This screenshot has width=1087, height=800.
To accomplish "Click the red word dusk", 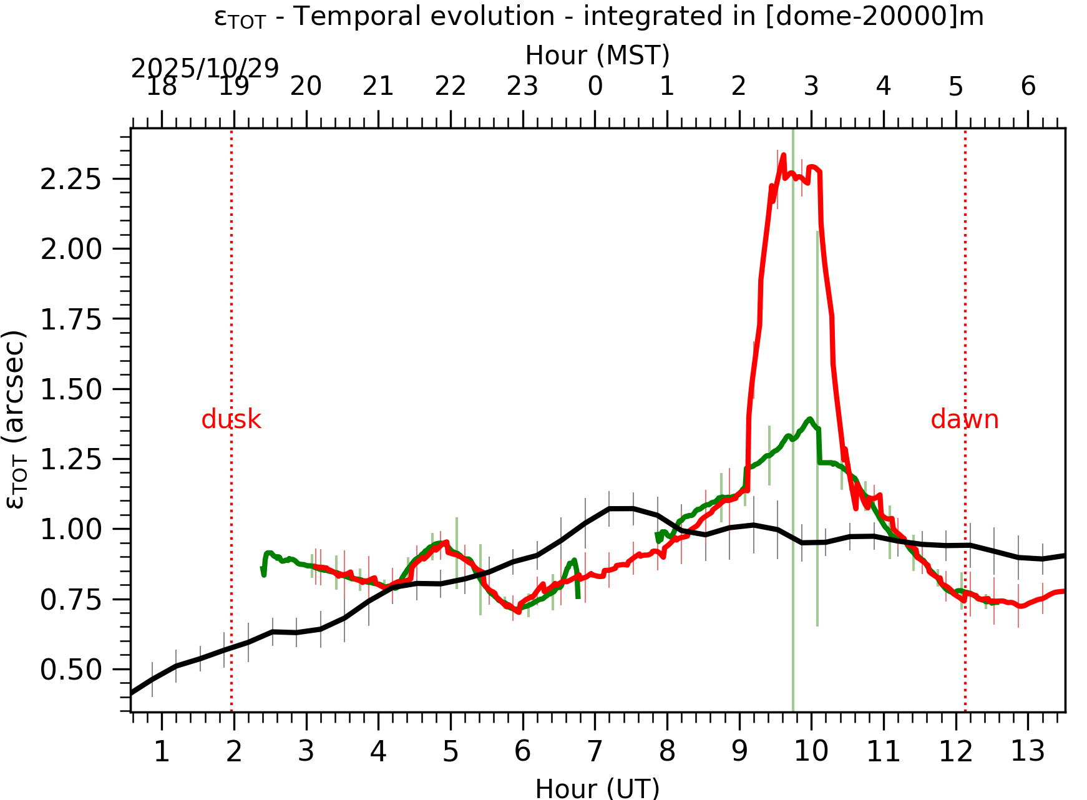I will point(231,420).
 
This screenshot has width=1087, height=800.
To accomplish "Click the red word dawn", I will point(964,420).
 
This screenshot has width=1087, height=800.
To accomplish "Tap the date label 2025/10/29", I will point(205,69).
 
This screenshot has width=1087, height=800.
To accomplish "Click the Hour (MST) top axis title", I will point(597,56).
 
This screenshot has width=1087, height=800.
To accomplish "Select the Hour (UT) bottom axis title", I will point(597,788).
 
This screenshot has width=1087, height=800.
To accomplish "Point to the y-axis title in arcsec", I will point(16,420).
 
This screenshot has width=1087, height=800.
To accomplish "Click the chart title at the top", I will point(598,17).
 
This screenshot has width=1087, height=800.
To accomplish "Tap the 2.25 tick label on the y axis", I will point(71,180).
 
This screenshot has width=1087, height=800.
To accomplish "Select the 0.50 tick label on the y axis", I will point(71,670).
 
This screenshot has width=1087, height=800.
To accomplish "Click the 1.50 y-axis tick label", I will point(71,390).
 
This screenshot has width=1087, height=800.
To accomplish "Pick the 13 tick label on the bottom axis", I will point(1027,751).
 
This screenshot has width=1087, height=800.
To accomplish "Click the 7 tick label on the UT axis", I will point(595,751).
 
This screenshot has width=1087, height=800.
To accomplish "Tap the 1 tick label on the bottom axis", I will point(162,751).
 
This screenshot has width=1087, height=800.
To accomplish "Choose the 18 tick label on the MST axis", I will point(162,87).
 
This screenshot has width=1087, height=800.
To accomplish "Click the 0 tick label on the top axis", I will point(595,87).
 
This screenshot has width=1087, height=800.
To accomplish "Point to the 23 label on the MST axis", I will point(522,87).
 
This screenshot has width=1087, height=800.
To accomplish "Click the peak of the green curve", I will point(810,419).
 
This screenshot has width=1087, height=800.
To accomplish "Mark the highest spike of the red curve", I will point(783,155).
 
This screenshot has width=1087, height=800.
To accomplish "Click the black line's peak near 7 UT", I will point(621,509).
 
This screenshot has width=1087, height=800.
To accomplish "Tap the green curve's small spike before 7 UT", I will point(574,560).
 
